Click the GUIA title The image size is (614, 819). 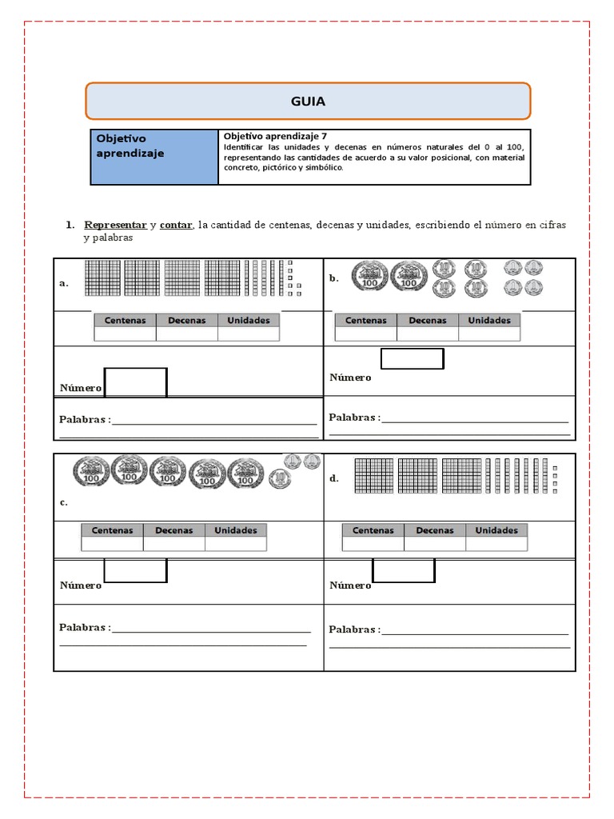[308, 102]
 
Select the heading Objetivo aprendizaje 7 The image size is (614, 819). [276, 136]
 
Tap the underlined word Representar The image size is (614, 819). [115, 226]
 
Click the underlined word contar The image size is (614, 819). [176, 226]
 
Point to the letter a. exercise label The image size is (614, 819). [64, 283]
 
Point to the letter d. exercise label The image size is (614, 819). [334, 478]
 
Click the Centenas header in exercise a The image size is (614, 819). [125, 320]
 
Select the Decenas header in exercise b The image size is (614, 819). [428, 320]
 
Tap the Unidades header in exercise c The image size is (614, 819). [236, 529]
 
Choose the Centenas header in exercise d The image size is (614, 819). [373, 529]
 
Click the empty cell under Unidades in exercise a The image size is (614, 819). [249, 334]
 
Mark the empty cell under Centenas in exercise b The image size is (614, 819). [365, 334]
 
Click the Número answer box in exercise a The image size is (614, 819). [136, 382]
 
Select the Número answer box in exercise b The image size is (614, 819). [412, 359]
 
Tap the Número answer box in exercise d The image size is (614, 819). [404, 570]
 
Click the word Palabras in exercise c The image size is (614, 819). [83, 628]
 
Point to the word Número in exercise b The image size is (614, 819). [350, 378]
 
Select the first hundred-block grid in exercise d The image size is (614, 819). [373, 475]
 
